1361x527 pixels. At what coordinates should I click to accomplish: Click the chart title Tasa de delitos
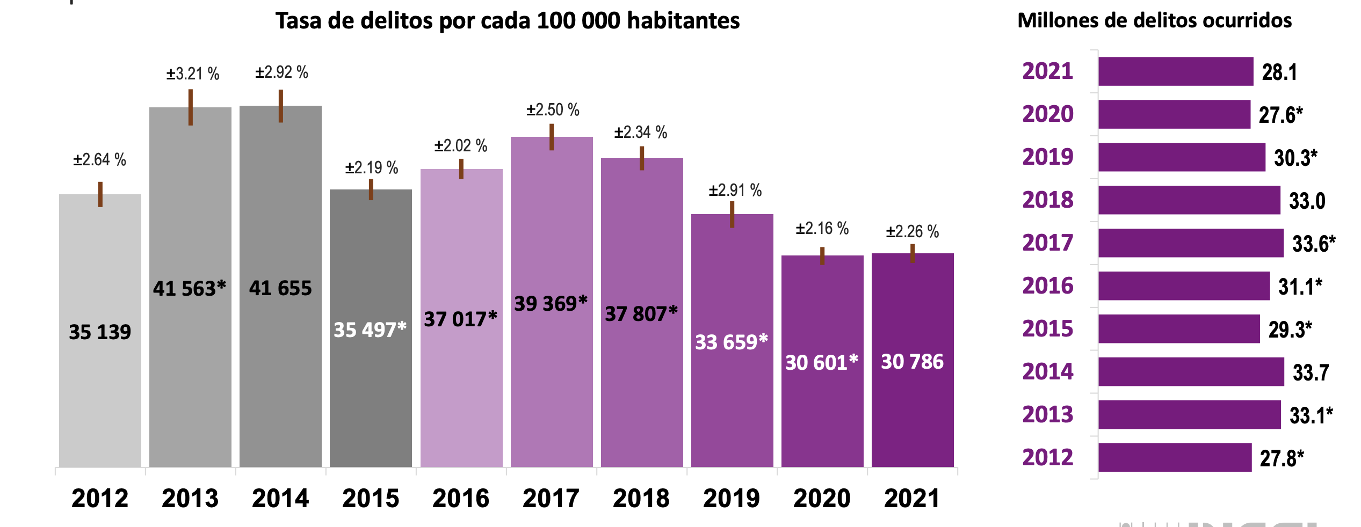point(508,21)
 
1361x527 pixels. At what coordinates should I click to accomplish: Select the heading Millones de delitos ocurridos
point(1154,20)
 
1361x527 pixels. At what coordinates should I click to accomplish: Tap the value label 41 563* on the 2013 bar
point(189,289)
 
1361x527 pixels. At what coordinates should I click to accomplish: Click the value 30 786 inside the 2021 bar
point(912,362)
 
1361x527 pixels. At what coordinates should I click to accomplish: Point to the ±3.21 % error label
point(192,74)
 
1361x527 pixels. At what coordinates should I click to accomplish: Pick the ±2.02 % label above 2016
point(460,145)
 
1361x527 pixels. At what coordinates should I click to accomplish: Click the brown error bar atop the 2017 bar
point(552,137)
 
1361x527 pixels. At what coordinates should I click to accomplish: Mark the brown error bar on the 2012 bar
point(100,194)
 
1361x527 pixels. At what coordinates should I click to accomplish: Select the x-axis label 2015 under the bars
point(371,499)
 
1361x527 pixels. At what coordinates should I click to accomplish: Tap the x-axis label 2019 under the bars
point(732,499)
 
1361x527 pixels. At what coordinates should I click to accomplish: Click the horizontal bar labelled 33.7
point(1191,372)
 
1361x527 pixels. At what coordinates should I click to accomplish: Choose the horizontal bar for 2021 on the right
point(1176,71)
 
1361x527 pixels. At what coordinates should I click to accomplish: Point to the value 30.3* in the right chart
point(1295,158)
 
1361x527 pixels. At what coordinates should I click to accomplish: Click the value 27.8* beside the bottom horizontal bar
point(1282,458)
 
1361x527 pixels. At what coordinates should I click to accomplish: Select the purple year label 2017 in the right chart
point(1047,243)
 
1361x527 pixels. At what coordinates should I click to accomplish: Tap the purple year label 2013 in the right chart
point(1047,415)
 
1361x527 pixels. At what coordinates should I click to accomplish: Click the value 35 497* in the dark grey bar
point(370,330)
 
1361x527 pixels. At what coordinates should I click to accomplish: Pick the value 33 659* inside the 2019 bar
point(731,342)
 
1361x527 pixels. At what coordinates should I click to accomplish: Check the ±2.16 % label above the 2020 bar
point(822,229)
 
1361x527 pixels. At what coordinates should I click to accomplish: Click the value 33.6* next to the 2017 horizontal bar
point(1313,244)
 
